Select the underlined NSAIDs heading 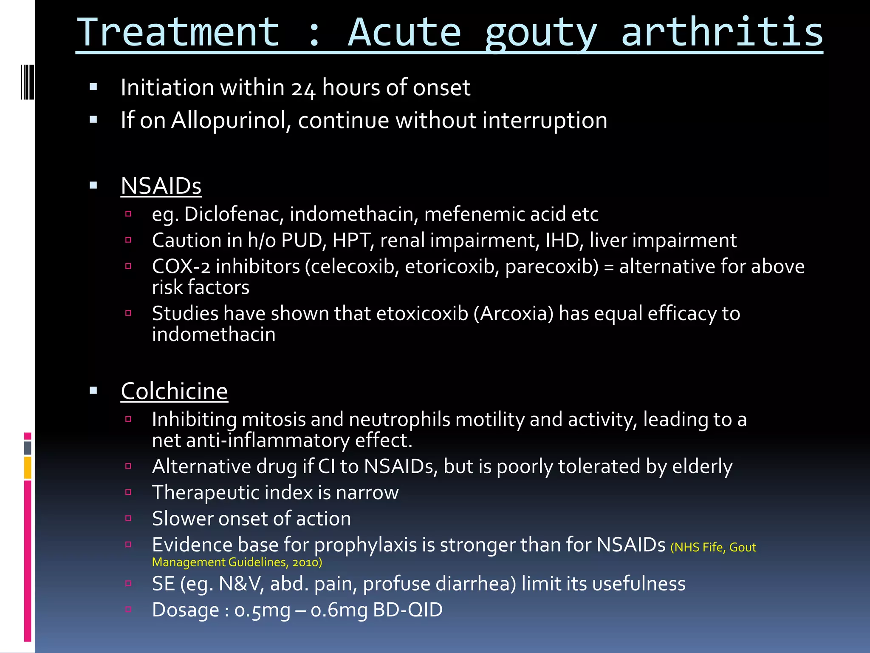click(161, 186)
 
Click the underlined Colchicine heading click(174, 391)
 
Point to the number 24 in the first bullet click(303, 88)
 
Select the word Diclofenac click(233, 214)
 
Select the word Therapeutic click(206, 493)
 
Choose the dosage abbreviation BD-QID click(407, 610)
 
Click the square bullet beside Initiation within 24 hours click(93, 88)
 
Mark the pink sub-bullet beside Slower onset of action click(128, 518)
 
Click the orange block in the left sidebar click(28, 468)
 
